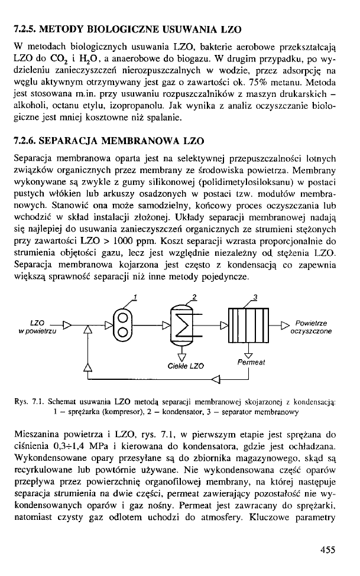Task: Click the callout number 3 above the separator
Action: click(x=255, y=297)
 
